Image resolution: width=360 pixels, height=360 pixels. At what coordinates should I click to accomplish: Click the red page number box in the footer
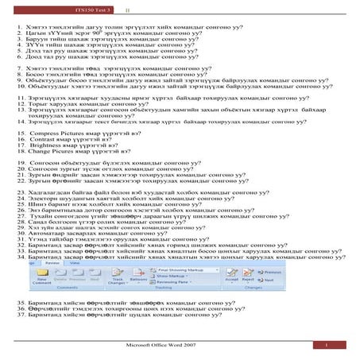coord(326,348)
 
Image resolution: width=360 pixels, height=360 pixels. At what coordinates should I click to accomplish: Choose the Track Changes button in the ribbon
coord(118,282)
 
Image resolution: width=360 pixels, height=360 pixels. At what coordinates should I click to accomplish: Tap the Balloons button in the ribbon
coord(137,282)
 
